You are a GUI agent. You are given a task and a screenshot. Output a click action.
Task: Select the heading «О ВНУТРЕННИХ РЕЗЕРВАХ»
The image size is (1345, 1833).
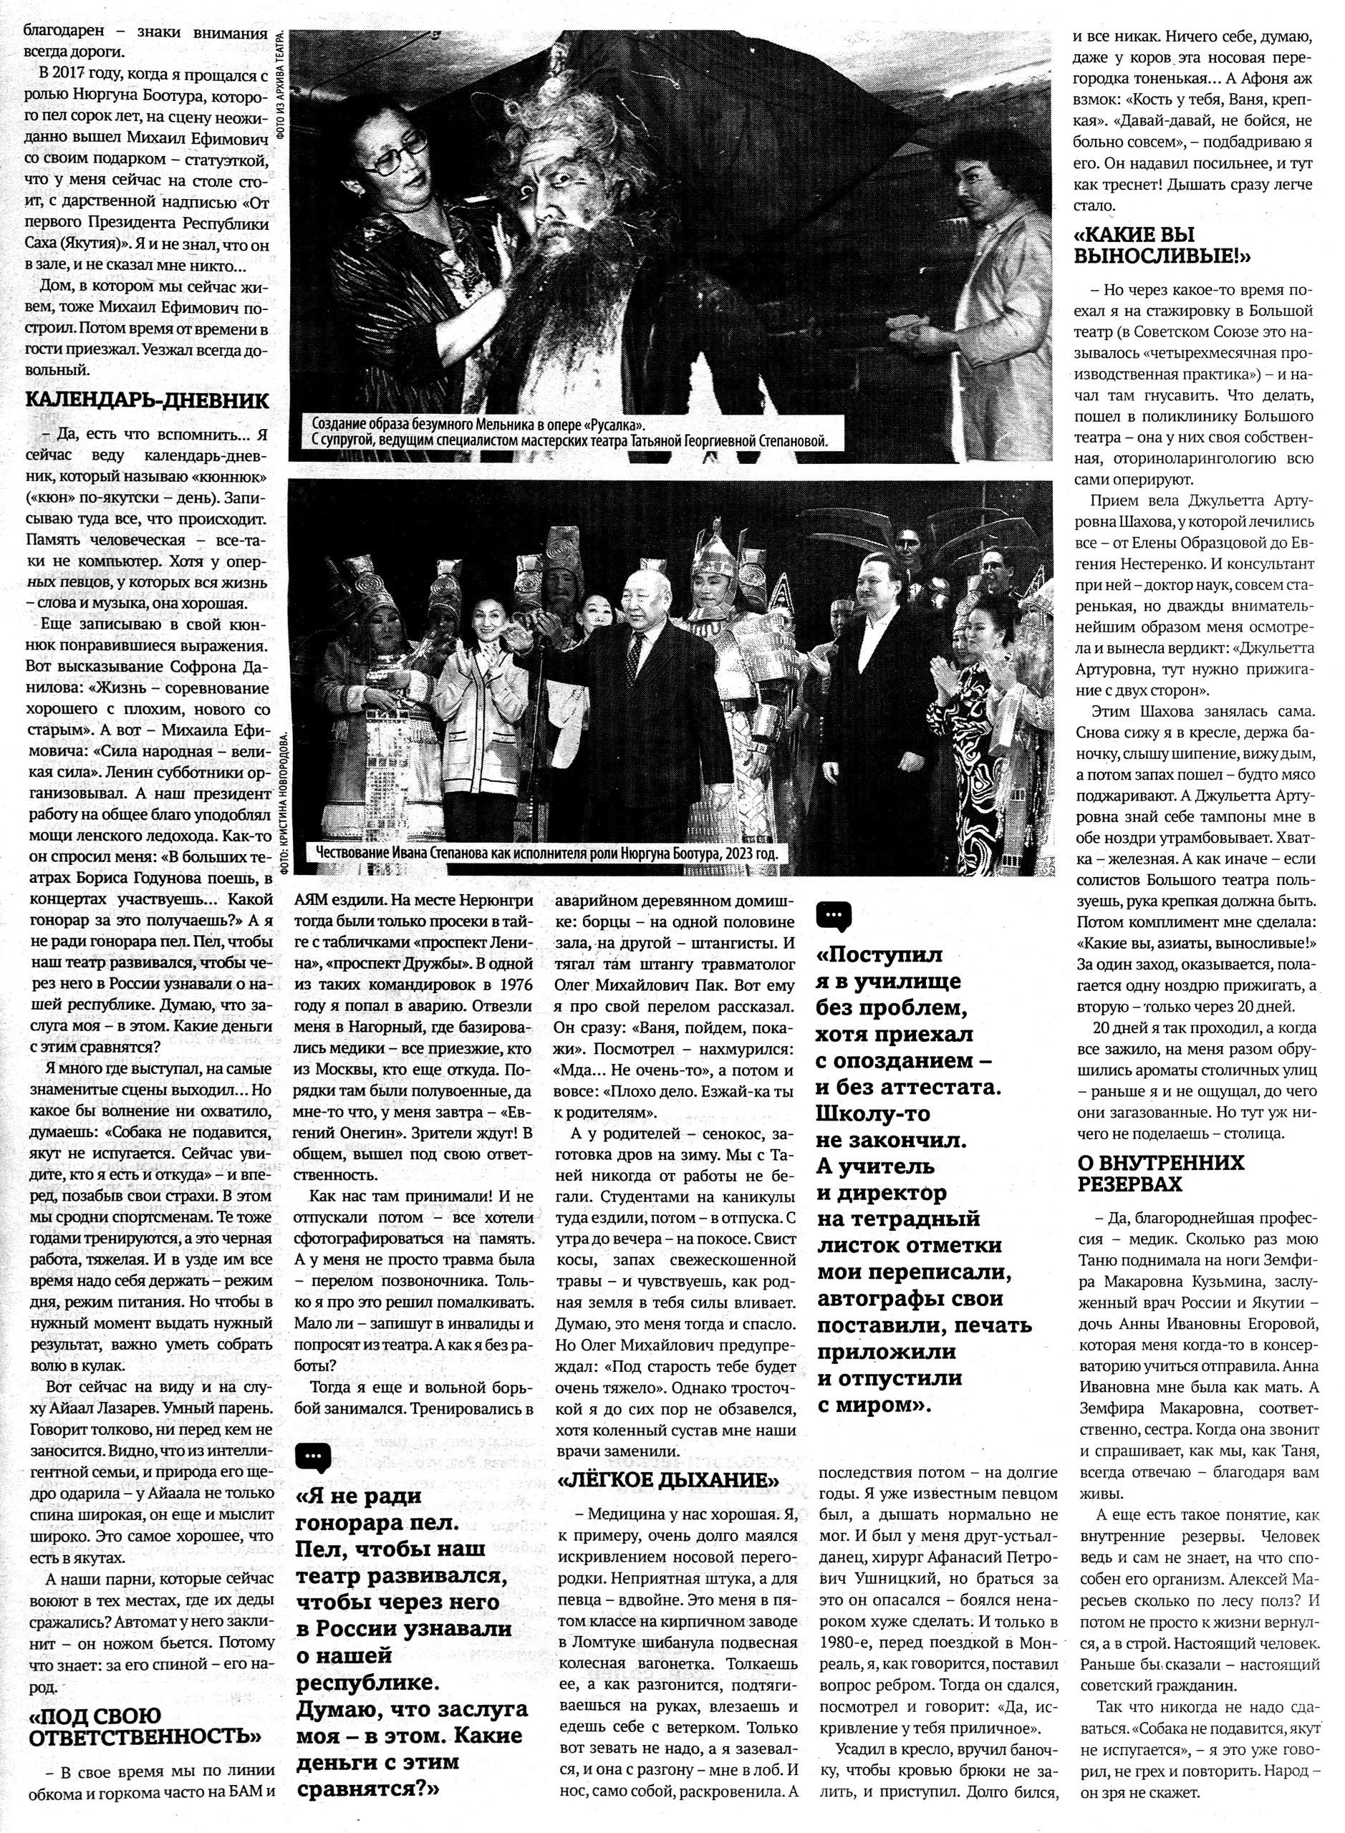pyautogui.click(x=1161, y=1172)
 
